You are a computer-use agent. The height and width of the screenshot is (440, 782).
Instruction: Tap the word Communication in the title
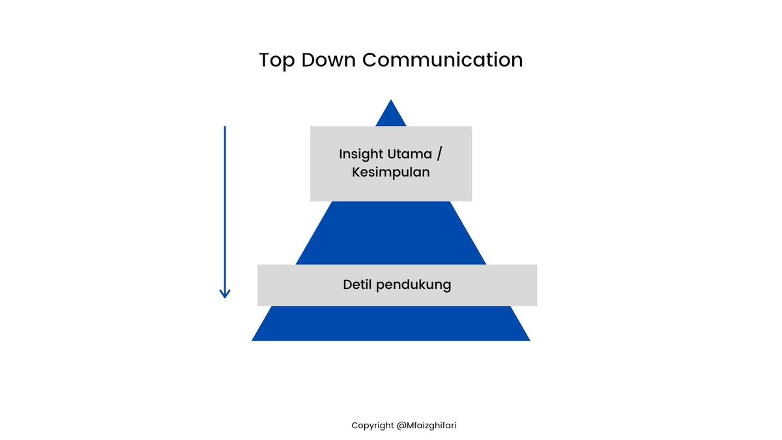click(442, 60)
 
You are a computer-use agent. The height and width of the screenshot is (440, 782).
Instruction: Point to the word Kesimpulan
click(391, 173)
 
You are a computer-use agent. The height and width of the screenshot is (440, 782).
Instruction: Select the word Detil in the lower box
click(358, 285)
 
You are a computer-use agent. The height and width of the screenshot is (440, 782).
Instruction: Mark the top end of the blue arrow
click(225, 128)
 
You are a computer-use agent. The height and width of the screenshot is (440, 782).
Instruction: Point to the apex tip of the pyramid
click(391, 101)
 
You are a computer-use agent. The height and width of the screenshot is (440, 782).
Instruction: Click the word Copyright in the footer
click(372, 426)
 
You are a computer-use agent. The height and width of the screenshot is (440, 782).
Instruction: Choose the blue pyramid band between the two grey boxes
click(391, 233)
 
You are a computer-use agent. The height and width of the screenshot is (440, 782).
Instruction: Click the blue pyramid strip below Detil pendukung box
click(391, 323)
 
